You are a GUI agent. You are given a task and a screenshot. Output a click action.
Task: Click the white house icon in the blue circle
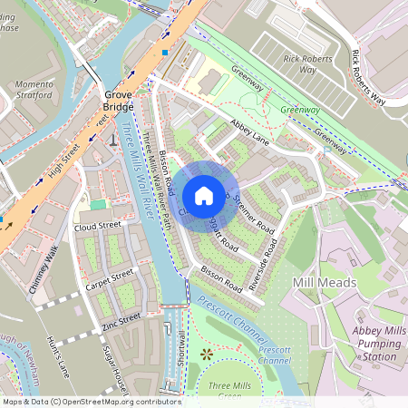pyautogui.click(x=204, y=195)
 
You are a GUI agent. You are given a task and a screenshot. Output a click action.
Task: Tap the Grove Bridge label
pyautogui.click(x=118, y=100)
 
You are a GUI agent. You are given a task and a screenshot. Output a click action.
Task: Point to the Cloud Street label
pyautogui.click(x=98, y=226)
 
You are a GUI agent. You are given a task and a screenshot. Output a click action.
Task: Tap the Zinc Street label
pyautogui.click(x=121, y=318)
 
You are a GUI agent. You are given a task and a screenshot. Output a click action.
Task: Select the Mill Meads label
pyautogui.click(x=325, y=284)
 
